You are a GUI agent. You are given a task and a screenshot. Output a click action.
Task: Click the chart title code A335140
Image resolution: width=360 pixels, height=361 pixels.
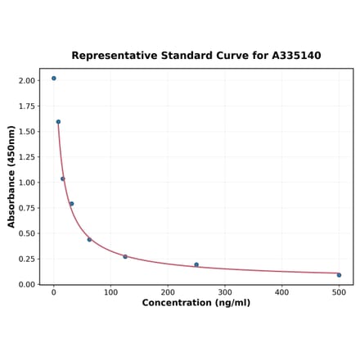pyautogui.click(x=293, y=56)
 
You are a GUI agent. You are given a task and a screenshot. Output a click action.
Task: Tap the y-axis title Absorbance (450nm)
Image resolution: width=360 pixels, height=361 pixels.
pyautogui.click(x=11, y=176)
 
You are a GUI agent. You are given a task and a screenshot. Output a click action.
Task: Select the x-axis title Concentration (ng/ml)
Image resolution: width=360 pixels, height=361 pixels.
pyautogui.click(x=196, y=303)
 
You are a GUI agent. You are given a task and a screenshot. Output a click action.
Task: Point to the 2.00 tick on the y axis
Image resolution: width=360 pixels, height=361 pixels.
pyautogui.click(x=27, y=81)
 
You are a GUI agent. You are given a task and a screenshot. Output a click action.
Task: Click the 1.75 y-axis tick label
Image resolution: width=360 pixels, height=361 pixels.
pyautogui.click(x=27, y=106)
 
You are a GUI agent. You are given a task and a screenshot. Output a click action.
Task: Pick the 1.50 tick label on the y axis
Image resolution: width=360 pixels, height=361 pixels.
pyautogui.click(x=27, y=132)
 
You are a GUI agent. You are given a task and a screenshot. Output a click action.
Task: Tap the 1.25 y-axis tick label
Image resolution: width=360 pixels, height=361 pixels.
pyautogui.click(x=27, y=157)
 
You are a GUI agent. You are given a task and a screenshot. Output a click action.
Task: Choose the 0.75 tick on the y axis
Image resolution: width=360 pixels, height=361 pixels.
pyautogui.click(x=27, y=208)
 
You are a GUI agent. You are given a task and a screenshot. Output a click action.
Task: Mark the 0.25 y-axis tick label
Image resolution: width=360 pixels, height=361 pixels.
pyautogui.click(x=27, y=259)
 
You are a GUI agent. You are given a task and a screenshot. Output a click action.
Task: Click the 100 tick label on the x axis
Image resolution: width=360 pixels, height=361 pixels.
pyautogui.click(x=110, y=291)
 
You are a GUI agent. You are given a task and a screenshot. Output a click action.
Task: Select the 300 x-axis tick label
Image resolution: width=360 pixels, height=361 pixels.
pyautogui.click(x=225, y=291)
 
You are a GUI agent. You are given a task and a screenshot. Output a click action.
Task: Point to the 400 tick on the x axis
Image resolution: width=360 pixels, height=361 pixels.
pyautogui.click(x=281, y=291)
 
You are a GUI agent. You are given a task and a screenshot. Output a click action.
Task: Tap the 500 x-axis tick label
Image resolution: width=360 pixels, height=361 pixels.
pyautogui.click(x=339, y=291)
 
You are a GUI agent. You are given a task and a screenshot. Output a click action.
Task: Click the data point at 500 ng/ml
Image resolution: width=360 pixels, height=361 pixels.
pyautogui.click(x=339, y=275)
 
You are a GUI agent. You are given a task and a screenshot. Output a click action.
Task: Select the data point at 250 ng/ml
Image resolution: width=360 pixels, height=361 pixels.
pyautogui.click(x=196, y=264)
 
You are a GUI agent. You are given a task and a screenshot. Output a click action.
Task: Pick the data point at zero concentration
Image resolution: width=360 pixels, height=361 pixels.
pyautogui.click(x=54, y=79)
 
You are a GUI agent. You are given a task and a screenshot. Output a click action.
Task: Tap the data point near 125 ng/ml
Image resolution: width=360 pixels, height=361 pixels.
pyautogui.click(x=125, y=257)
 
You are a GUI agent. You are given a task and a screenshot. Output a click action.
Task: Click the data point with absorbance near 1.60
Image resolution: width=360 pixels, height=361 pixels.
pyautogui.click(x=58, y=122)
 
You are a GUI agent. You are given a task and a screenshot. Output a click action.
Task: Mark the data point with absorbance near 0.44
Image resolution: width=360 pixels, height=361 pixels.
pyautogui.click(x=89, y=240)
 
